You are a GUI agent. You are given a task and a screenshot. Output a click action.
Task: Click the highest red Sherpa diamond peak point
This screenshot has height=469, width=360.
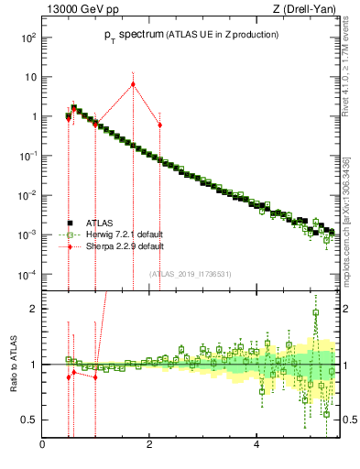(x=133, y=84)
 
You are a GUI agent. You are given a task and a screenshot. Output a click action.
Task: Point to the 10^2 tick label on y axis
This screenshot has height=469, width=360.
(x=28, y=38)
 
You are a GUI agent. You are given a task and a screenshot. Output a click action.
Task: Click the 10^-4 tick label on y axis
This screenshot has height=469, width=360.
(x=28, y=275)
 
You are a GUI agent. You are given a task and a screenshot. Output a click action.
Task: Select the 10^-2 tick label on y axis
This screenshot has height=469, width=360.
(x=28, y=196)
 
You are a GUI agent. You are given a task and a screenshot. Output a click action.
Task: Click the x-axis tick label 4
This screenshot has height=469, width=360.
(x=256, y=445)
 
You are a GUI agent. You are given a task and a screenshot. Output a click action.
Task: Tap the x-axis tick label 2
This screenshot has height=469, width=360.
(x=148, y=445)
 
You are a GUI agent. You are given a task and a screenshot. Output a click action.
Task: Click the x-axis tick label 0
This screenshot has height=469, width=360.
(x=42, y=445)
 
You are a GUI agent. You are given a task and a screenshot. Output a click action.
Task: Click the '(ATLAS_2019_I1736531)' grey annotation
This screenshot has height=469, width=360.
(x=191, y=273)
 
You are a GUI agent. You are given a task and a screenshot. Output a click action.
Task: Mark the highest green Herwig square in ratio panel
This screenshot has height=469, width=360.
(x=315, y=312)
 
